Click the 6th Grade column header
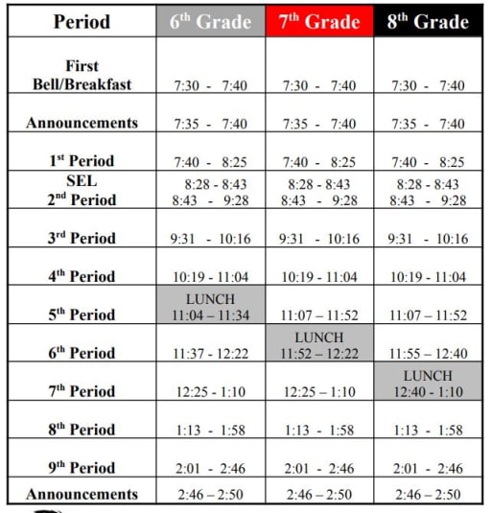click(210, 20)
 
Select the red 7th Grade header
click(319, 20)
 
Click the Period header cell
click(82, 20)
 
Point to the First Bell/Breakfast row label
click(82, 76)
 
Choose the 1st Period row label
click(82, 161)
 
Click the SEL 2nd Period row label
click(82, 191)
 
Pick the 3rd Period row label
click(82, 238)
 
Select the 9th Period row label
click(82, 467)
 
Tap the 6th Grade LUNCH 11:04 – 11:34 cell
click(210, 306)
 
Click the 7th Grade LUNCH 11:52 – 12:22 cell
click(319, 344)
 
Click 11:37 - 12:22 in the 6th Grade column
click(210, 354)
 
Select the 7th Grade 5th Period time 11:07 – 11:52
click(319, 315)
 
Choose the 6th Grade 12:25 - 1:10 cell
click(210, 391)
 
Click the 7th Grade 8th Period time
click(319, 430)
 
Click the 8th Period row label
click(82, 429)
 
